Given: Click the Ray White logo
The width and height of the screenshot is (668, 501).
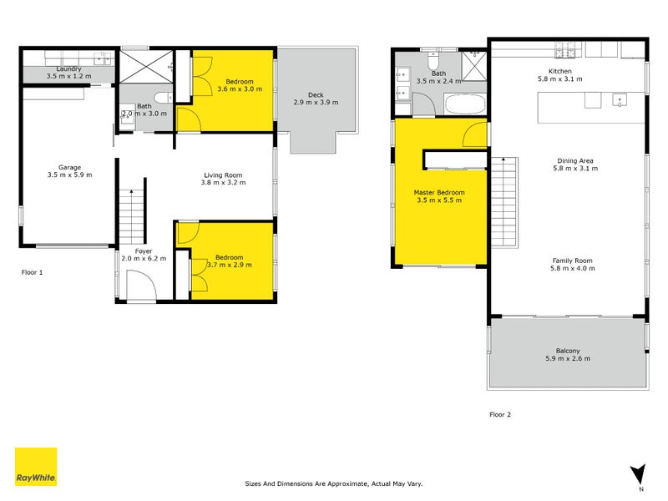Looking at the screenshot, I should (36, 467).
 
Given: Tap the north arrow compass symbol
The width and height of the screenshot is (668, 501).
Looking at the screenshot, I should (640, 474).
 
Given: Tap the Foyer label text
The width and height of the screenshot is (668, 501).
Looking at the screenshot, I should (144, 250).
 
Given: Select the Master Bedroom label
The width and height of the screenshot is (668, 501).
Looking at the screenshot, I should (439, 192).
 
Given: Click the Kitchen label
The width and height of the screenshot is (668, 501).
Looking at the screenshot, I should (559, 71).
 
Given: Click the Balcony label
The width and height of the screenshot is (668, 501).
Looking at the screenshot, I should (568, 351).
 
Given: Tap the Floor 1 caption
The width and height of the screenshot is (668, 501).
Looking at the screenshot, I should (32, 272).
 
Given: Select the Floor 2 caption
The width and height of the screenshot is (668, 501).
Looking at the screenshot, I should (499, 413).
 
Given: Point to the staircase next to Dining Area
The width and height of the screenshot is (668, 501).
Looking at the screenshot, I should (504, 203).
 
